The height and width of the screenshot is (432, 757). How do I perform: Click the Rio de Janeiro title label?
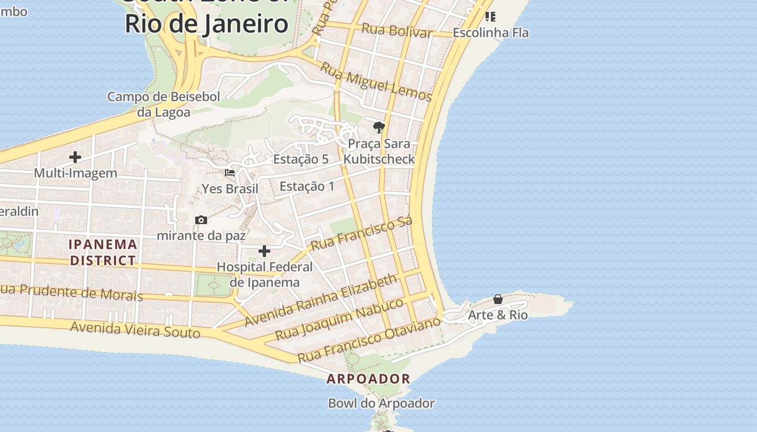(x=207, y=24)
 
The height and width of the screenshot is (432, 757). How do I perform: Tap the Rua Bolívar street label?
(x=396, y=30)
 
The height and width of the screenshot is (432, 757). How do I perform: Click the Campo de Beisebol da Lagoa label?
(x=163, y=104)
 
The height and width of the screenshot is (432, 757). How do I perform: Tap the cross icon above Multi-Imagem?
(x=75, y=157)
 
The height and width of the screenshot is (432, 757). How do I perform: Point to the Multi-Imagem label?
(x=75, y=173)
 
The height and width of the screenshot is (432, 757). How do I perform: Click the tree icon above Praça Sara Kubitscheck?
(x=379, y=128)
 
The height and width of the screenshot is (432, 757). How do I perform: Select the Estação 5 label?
(x=301, y=159)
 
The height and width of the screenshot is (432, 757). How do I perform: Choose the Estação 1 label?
(x=307, y=187)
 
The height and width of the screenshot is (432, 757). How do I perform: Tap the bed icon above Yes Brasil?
(x=230, y=173)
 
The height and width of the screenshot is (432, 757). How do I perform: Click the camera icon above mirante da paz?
(x=201, y=220)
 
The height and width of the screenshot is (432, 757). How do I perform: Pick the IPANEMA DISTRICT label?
(x=103, y=252)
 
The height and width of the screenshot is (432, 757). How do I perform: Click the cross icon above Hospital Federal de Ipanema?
(x=264, y=251)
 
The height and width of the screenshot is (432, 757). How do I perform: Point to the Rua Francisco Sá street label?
(x=362, y=233)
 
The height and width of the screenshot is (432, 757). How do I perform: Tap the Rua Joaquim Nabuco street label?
(x=339, y=319)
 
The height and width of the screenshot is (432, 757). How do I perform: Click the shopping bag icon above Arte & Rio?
(x=498, y=299)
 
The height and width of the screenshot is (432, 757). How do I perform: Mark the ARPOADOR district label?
(x=368, y=379)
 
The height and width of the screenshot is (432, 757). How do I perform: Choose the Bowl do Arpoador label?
(x=381, y=403)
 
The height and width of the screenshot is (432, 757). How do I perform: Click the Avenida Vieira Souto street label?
(x=135, y=329)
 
